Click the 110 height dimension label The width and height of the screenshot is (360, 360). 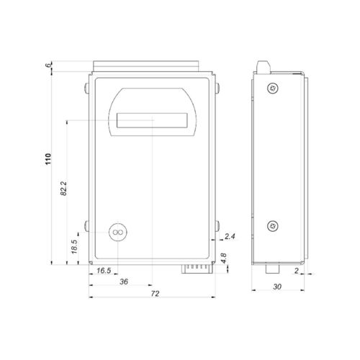48,159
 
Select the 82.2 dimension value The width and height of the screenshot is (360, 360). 63,189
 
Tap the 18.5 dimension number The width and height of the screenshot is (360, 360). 74,247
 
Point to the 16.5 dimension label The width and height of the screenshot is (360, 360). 104,271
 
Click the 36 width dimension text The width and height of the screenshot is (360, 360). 124,282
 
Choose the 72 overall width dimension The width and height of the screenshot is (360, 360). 155,294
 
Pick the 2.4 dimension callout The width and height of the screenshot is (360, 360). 230,236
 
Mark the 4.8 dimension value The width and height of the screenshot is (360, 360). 224,258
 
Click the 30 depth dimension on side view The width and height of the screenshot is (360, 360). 277,287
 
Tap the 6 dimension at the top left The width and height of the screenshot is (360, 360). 49,65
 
